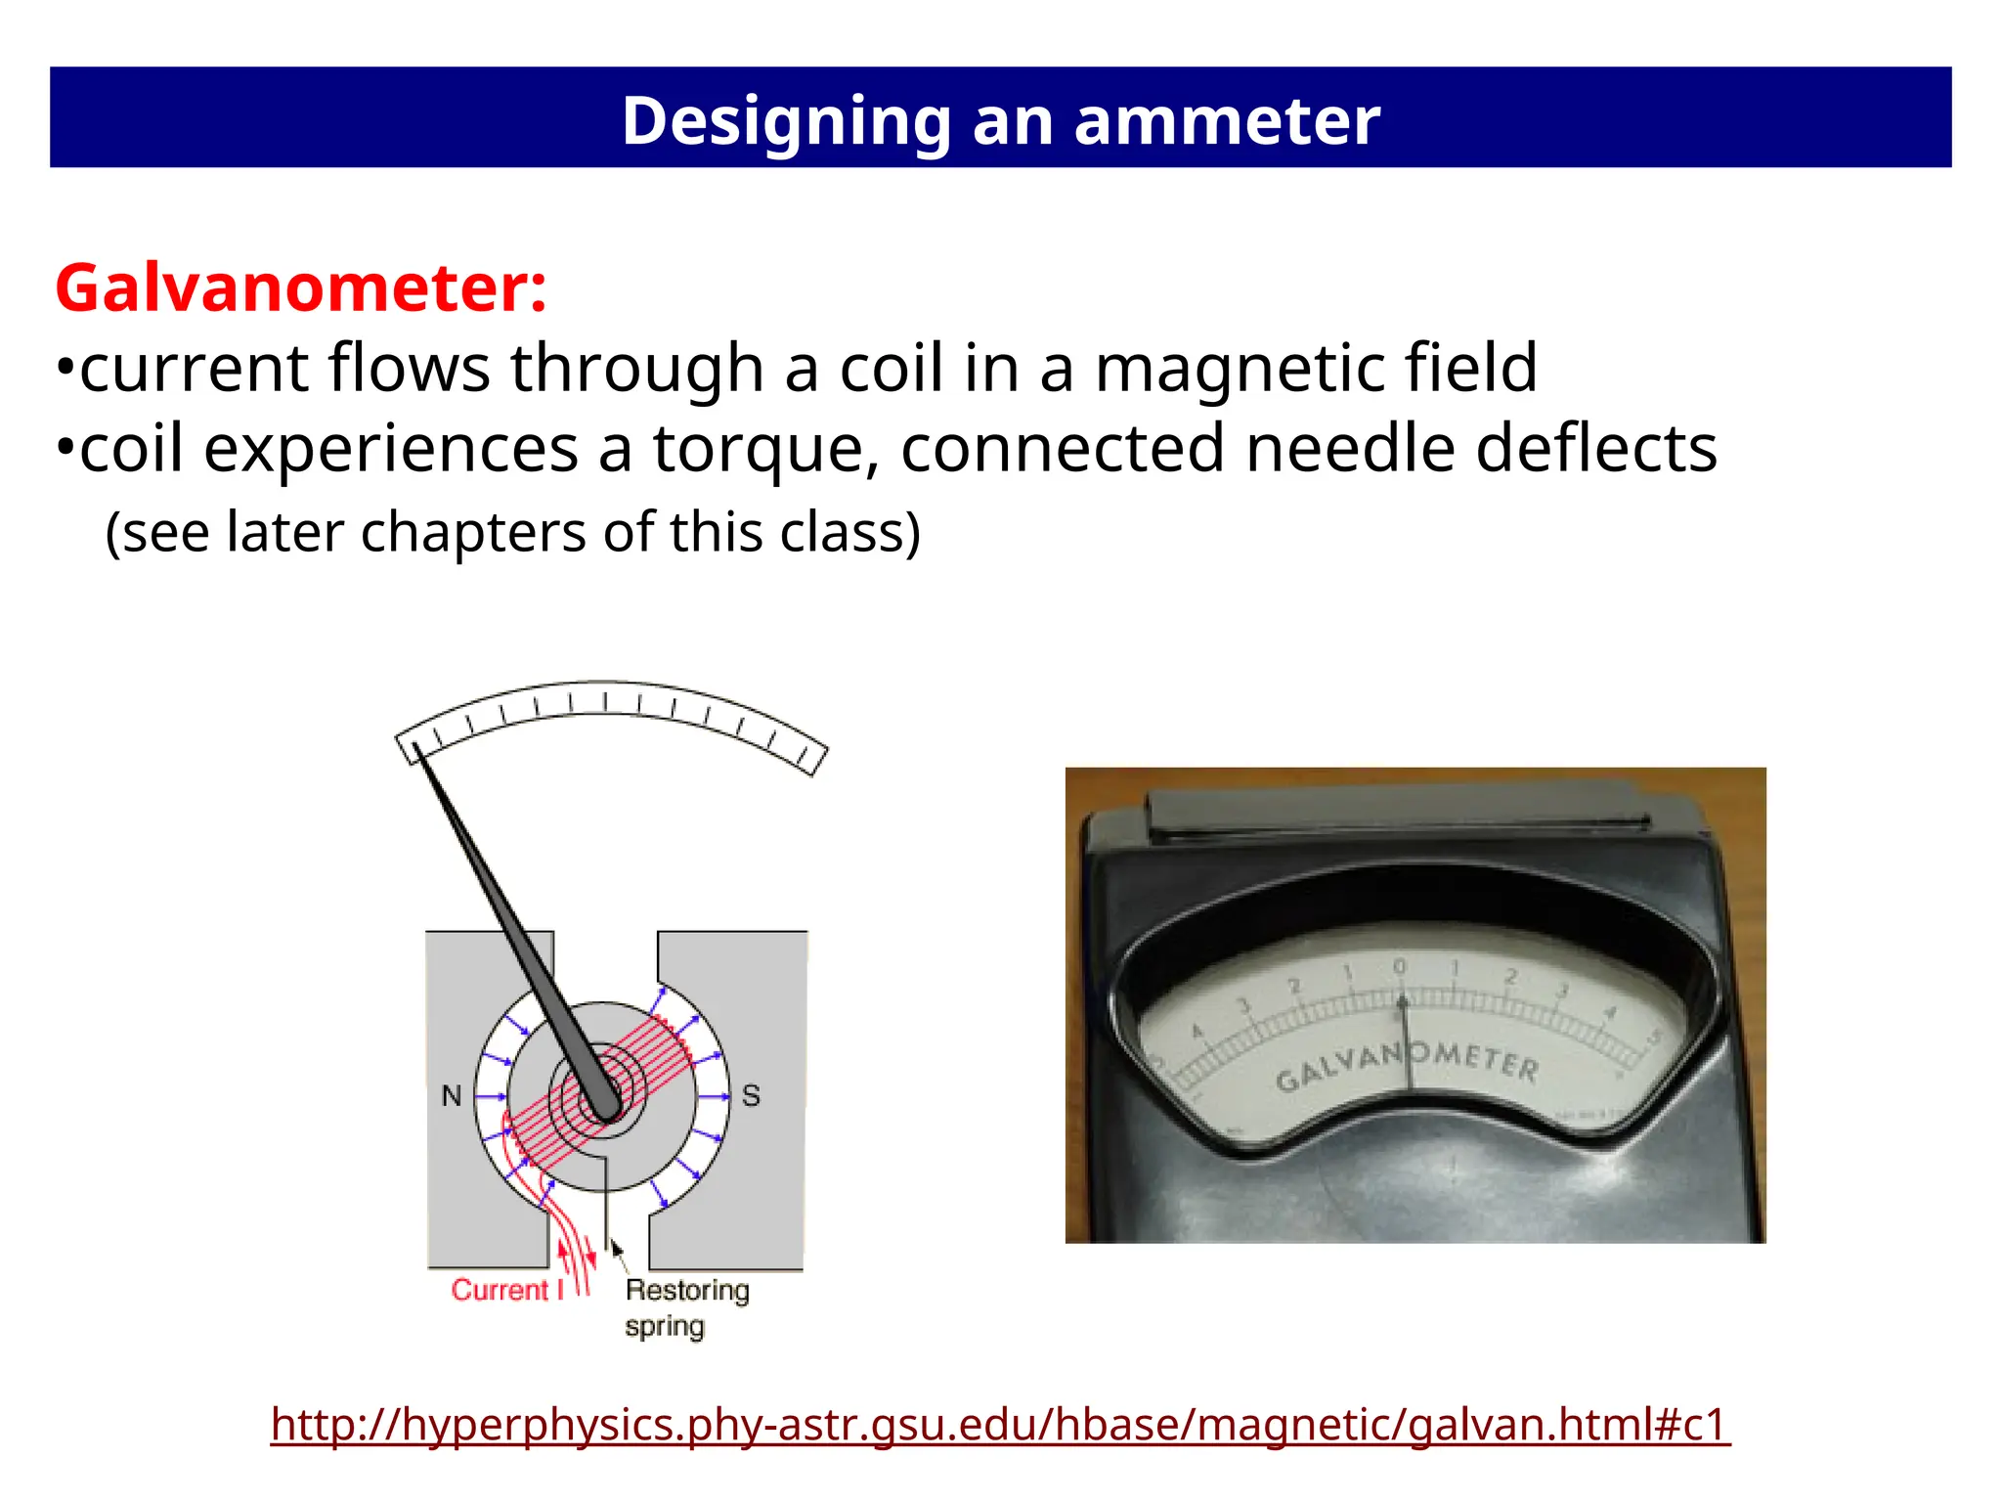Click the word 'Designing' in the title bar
pyautogui.click(x=786, y=120)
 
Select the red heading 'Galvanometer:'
pyautogui.click(x=300, y=288)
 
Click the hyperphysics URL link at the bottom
pyautogui.click(x=1000, y=1424)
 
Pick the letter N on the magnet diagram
pyautogui.click(x=451, y=1095)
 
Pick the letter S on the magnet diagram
pyautogui.click(x=751, y=1095)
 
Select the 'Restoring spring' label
pyautogui.click(x=685, y=1307)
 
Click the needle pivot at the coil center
pyautogui.click(x=605, y=1108)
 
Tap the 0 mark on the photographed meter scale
pyautogui.click(x=1399, y=966)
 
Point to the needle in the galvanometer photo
pyautogui.click(x=1406, y=1046)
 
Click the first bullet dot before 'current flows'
pyautogui.click(x=65, y=370)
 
